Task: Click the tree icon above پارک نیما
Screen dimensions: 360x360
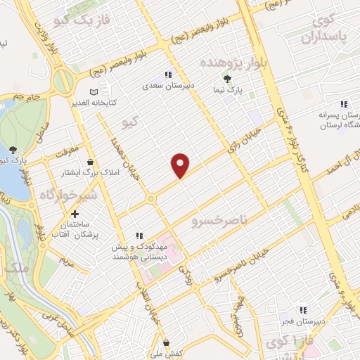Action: point(226,79)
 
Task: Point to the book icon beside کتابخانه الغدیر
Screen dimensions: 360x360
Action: point(94,91)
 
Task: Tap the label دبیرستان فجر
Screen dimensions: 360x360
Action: point(302,321)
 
